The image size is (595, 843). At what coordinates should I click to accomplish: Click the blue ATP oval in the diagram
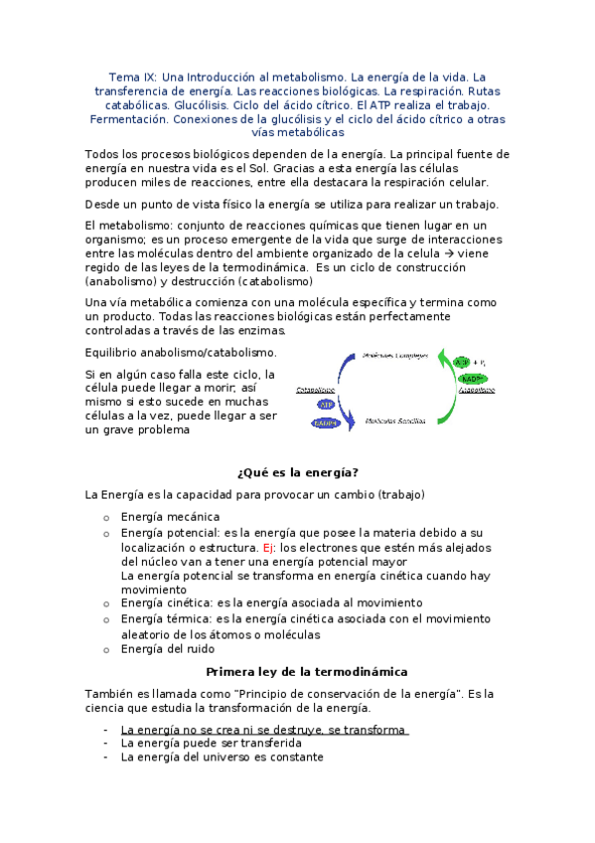(326, 405)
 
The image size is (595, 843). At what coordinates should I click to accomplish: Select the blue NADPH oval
(326, 423)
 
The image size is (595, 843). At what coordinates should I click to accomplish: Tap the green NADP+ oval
(471, 379)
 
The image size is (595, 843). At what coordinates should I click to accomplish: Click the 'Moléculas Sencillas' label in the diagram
(396, 421)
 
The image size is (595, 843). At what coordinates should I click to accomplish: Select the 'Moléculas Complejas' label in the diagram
(396, 355)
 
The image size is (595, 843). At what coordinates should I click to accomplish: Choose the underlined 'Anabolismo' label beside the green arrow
(477, 391)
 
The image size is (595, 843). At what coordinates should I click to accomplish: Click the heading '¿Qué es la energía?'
(297, 472)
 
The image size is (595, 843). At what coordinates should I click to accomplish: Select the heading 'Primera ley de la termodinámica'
(297, 672)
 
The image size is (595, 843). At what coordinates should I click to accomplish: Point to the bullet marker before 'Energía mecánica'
(106, 518)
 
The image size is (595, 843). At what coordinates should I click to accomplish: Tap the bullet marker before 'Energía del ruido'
(106, 650)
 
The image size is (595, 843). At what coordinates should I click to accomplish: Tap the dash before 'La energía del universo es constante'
(106, 757)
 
